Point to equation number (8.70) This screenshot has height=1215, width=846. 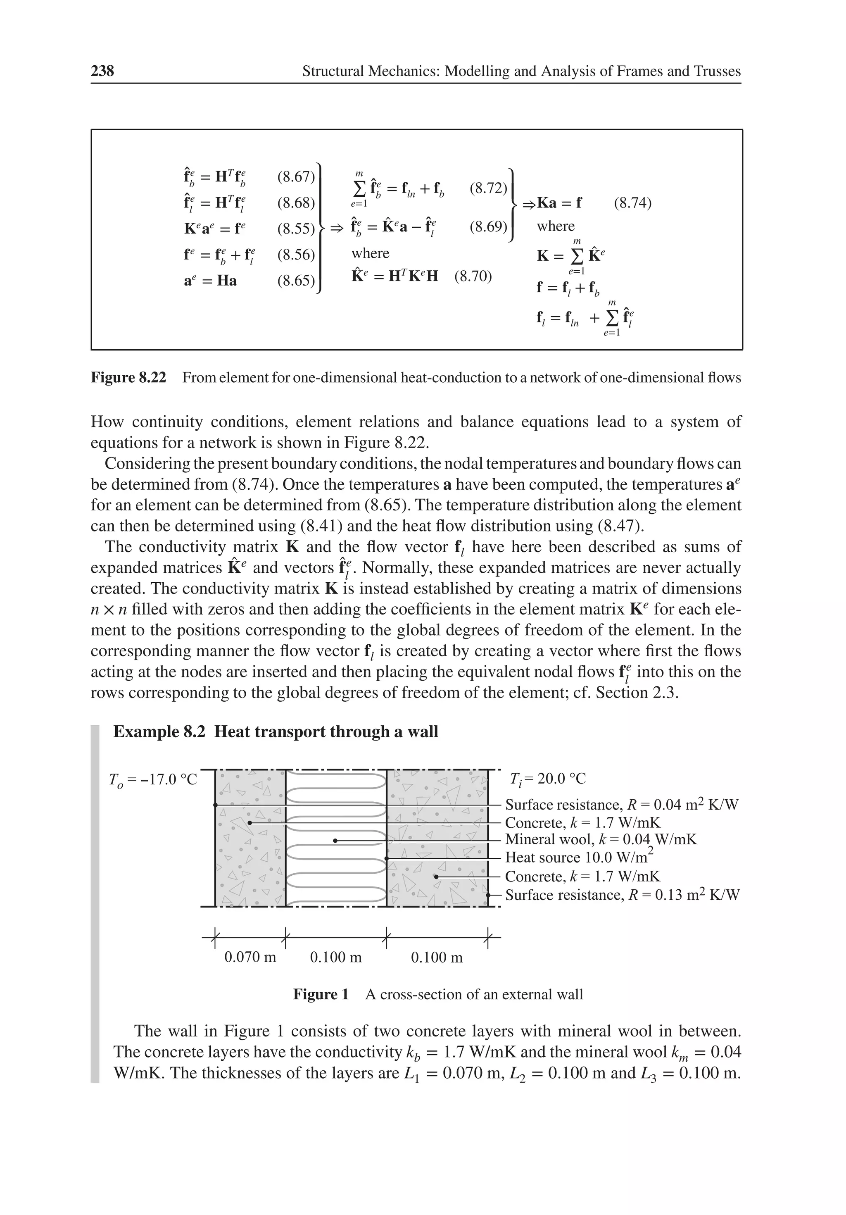[473, 276]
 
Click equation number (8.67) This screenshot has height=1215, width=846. [296, 177]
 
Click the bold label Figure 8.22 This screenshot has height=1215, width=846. [128, 377]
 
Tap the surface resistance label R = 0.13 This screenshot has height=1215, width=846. [622, 895]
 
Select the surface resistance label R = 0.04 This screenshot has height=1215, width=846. [622, 805]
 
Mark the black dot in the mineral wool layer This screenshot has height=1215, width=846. [335, 840]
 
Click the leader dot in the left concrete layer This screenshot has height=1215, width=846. [250, 823]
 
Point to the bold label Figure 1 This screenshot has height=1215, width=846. [321, 994]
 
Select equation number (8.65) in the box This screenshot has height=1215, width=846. [296, 281]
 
